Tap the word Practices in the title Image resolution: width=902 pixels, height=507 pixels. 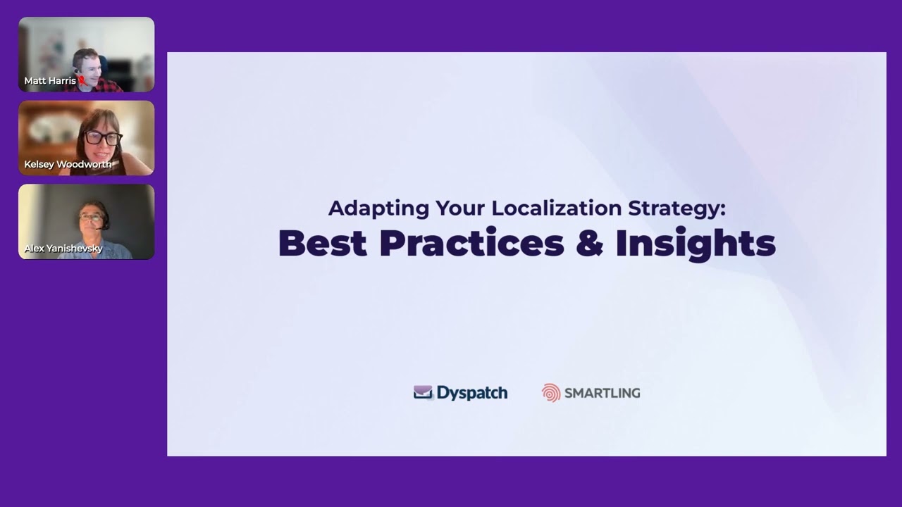coord(471,243)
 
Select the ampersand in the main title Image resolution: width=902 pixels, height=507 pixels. coord(589,243)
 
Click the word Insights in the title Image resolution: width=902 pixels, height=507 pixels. coord(695,243)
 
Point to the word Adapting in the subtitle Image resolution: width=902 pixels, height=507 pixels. coord(368,208)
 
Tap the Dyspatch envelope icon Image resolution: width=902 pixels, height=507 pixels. coord(423,393)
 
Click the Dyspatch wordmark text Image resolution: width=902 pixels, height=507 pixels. coord(471,393)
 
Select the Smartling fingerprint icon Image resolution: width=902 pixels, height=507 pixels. coord(551,393)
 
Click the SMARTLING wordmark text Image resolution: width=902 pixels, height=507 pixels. coord(602,393)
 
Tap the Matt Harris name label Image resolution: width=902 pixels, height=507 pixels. coord(49,81)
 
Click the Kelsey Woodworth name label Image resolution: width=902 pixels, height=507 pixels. coord(68,164)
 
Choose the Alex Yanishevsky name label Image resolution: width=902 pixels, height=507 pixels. coord(63,249)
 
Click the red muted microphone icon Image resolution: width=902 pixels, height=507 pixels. coord(82,81)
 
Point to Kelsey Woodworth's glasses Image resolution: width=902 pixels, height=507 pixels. coord(104,138)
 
